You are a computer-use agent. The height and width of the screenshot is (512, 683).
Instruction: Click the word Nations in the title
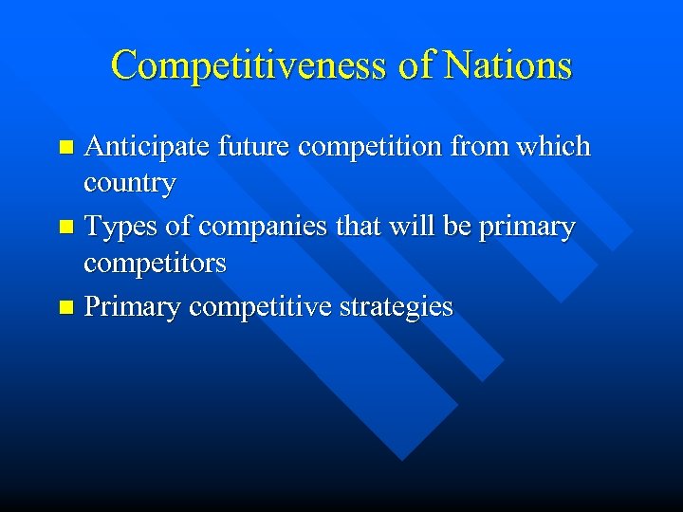point(508,65)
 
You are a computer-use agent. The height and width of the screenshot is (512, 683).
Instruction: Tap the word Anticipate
point(147,148)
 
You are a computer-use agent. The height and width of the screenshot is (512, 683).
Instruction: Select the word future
point(249,148)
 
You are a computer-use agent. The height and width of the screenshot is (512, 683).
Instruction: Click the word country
point(129,183)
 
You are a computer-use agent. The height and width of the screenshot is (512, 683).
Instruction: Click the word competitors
point(155,263)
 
